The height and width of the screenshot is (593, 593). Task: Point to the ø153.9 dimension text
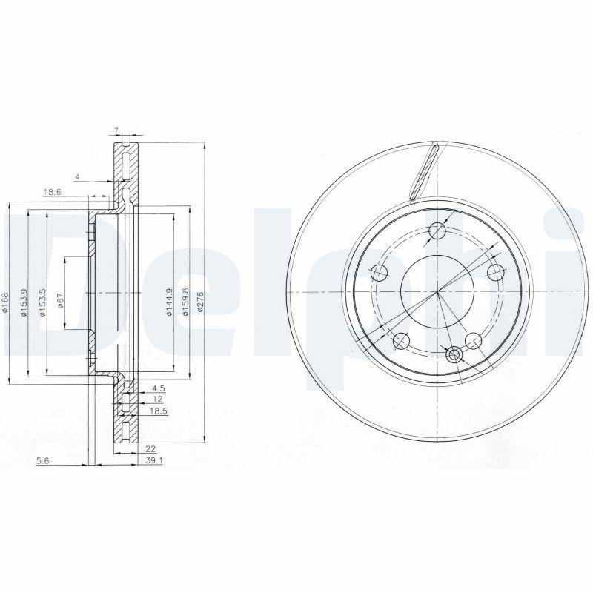point(24,303)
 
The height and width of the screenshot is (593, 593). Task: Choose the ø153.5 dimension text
point(43,303)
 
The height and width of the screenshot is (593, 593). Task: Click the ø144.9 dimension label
point(170,302)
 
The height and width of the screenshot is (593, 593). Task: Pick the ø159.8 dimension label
point(185,302)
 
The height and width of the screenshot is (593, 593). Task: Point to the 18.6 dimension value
point(51,192)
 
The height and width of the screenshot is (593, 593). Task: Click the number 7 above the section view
point(116,131)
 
